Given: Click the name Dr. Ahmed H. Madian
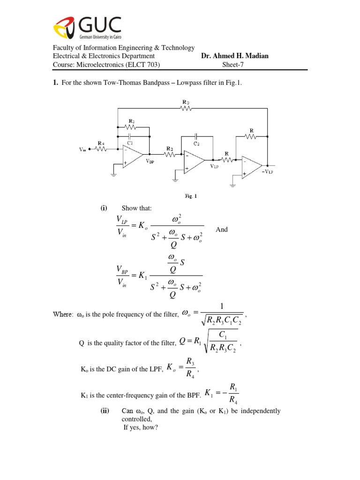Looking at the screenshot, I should (x=235, y=56).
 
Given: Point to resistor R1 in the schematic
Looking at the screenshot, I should (x=131, y=127).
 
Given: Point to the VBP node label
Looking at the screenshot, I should (x=150, y=160).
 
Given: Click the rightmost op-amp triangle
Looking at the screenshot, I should (x=251, y=167).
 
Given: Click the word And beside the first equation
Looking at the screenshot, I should (x=221, y=230).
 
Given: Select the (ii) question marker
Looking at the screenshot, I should (x=105, y=411).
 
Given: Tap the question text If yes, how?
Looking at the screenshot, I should (x=141, y=427).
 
